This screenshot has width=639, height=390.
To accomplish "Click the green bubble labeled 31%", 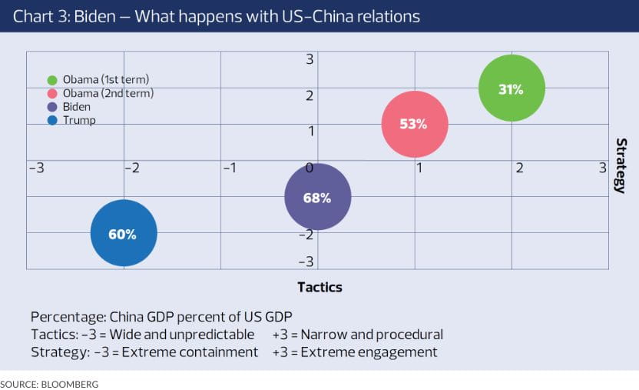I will tap(512, 88).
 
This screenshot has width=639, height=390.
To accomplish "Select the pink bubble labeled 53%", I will tap(415, 124).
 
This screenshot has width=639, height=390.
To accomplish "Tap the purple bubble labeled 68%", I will tap(318, 197).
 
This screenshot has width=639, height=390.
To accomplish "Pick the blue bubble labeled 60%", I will tap(124, 234).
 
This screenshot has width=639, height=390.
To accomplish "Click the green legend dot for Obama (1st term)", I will tap(52, 80).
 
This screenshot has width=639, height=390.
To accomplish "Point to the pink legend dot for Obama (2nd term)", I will tap(52, 94).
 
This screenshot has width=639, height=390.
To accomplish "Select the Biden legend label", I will tap(76, 107).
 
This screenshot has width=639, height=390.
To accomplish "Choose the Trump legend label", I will tap(79, 120).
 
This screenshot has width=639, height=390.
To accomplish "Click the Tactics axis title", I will tap(319, 287).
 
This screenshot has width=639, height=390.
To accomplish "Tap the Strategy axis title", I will tap(621, 165).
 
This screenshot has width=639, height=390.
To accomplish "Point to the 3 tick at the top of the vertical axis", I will tap(310, 59).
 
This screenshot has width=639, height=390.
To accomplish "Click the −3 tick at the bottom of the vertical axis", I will tap(306, 262).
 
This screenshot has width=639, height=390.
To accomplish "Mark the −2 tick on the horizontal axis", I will tap(131, 167).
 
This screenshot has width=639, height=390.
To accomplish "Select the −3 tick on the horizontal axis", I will tap(36, 167).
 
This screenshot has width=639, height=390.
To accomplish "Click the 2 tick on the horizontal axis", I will tap(519, 167).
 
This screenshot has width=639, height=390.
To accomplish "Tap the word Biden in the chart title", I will tap(96, 16).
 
